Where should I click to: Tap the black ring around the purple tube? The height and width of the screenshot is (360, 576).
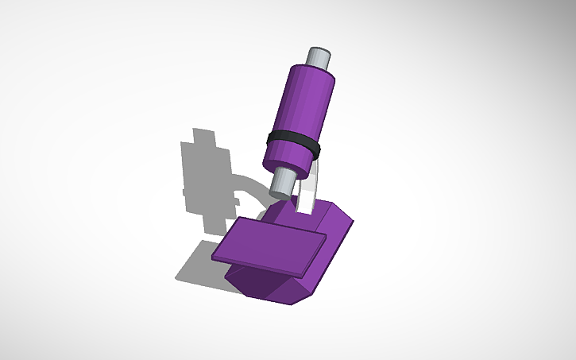pyautogui.click(x=294, y=144)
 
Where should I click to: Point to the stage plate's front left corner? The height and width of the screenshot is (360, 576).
pyautogui.click(x=216, y=257)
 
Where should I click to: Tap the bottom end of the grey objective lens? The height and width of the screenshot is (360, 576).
pyautogui.click(x=280, y=193)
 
